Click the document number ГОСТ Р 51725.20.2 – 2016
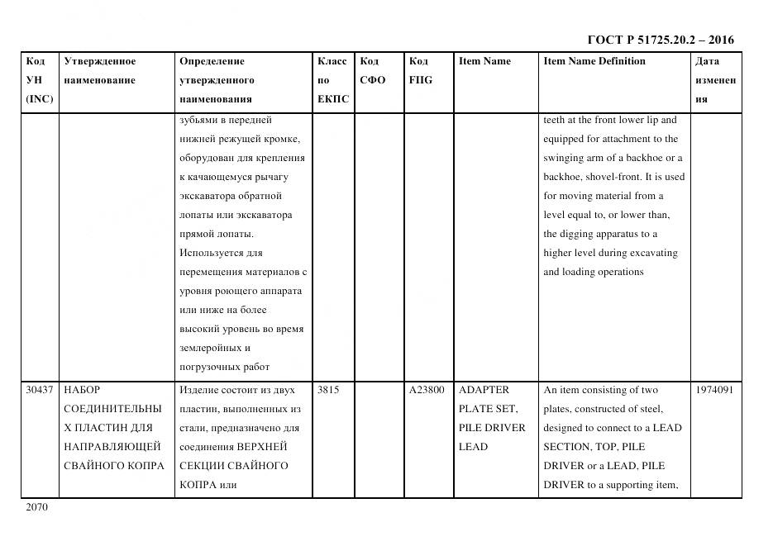click(x=660, y=40)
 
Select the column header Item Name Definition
click(x=594, y=61)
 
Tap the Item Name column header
click(x=484, y=61)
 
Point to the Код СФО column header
click(x=373, y=71)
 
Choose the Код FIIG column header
click(x=420, y=71)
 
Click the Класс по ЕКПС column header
click(x=332, y=80)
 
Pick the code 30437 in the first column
click(x=40, y=390)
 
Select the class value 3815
click(x=328, y=390)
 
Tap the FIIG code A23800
click(x=427, y=390)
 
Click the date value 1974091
click(x=713, y=390)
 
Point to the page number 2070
click(x=37, y=507)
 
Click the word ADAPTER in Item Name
click(x=484, y=390)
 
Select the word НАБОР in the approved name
click(x=82, y=390)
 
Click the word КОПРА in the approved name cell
click(x=147, y=466)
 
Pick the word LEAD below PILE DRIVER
click(x=473, y=447)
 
